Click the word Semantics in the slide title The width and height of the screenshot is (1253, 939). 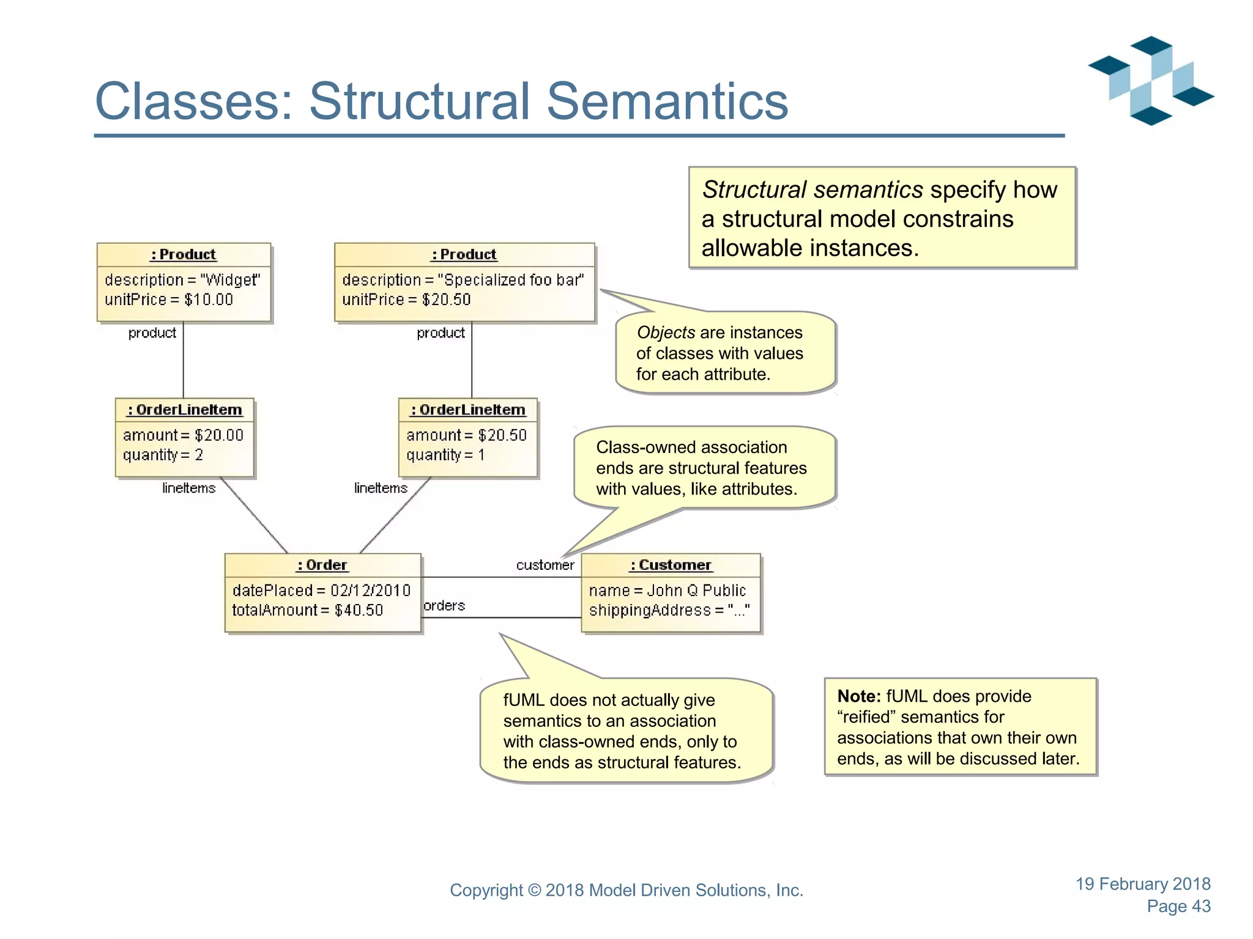pyautogui.click(x=667, y=101)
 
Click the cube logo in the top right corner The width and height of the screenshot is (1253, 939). pyautogui.click(x=1150, y=81)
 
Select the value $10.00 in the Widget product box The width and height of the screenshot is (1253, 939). pyautogui.click(x=209, y=300)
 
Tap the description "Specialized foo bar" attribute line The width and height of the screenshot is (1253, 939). pyautogui.click(x=463, y=280)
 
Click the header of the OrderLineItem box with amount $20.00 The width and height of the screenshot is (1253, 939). pyautogui.click(x=185, y=410)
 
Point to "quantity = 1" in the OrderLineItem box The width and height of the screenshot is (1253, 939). pyautogui.click(x=445, y=455)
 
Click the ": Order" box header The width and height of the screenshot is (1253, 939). pyautogui.click(x=322, y=565)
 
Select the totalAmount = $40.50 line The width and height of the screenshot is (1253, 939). pyautogui.click(x=307, y=610)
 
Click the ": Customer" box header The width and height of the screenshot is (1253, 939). pyautogui.click(x=671, y=565)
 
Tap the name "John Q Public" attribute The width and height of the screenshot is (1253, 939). pyautogui.click(x=667, y=591)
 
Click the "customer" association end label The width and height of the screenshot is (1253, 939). pyautogui.click(x=545, y=565)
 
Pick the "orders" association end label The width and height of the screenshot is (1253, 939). pyautogui.click(x=444, y=605)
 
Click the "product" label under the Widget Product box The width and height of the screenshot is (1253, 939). pyautogui.click(x=152, y=333)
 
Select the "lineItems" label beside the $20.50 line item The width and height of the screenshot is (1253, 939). pyautogui.click(x=381, y=488)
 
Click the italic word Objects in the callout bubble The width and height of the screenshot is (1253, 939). pyautogui.click(x=666, y=333)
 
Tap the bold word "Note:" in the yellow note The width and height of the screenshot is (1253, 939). pyautogui.click(x=859, y=696)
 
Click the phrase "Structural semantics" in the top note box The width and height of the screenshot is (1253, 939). pyautogui.click(x=812, y=190)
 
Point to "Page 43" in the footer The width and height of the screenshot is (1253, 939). pyautogui.click(x=1178, y=906)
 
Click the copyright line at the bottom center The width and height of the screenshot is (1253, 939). pyautogui.click(x=626, y=890)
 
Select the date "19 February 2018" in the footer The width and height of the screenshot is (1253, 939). pyautogui.click(x=1143, y=884)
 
